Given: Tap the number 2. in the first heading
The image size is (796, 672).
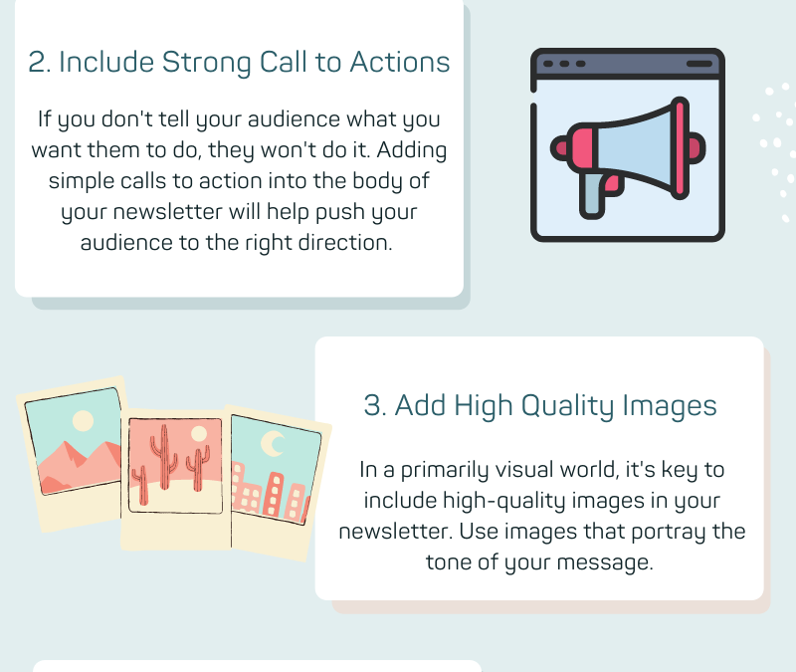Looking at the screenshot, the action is coord(40,63).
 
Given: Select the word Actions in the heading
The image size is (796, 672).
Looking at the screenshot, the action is coord(400,63).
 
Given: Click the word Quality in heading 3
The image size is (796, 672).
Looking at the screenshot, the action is coord(567,406).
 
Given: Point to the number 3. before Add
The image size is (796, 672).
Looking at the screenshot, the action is coord(375,406).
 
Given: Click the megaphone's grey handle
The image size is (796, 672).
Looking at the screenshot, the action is coord(592,196).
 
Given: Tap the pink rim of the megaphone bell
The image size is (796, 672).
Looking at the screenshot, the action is coord(681,147).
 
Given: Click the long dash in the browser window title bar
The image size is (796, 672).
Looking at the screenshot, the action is coord(699,64).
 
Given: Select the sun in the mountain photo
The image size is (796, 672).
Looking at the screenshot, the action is coord(83,421).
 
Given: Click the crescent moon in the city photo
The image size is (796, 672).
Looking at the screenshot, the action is coord(272,443).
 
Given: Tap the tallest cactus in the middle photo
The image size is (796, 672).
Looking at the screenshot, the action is coord(164,457).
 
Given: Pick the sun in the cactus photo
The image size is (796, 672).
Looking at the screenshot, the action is coord(198,434).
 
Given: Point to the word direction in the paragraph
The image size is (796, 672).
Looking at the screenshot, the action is coord(345,242).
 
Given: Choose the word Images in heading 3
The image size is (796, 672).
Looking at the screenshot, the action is coord(670,406).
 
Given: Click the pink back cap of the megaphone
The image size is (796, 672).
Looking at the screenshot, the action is coord(560,148).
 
